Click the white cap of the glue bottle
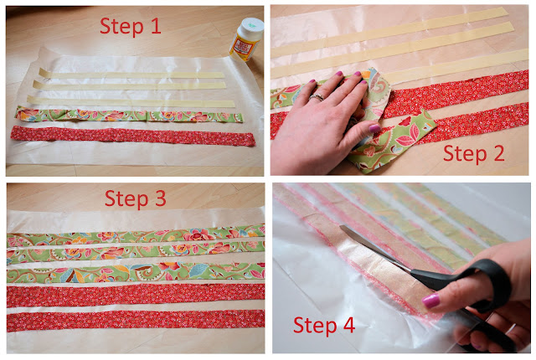pos(251,26)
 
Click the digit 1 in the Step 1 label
pos(156,26)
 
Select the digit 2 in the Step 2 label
pos(499,153)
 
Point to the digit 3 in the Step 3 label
pos(160,198)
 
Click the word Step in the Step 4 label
pos(315,325)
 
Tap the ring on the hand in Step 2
pos(317,98)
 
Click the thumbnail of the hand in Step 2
pos(374,128)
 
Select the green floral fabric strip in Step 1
pos(129,115)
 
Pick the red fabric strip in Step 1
pos(133,136)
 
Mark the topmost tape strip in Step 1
pos(131,75)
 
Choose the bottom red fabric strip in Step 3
pos(136,321)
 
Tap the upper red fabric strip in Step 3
pos(136,295)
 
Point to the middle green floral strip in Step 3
pos(136,252)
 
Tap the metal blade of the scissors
pos(375,249)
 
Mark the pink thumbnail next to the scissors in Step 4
pos(430,301)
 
